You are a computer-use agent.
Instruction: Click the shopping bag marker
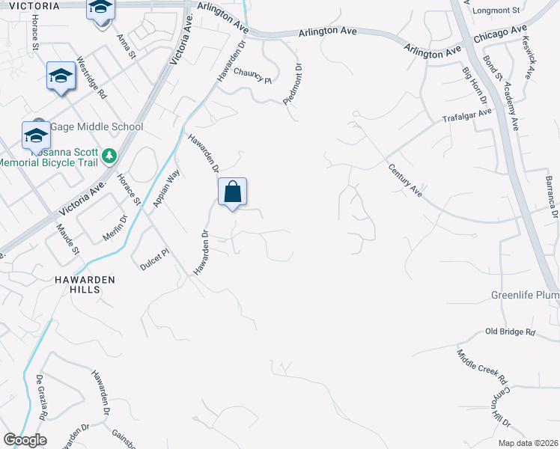click(x=233, y=192)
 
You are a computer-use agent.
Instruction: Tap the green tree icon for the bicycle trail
click(x=110, y=156)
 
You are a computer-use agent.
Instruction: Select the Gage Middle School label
click(x=96, y=127)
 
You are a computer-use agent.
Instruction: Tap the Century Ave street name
click(x=405, y=180)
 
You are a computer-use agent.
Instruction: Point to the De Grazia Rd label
click(x=43, y=397)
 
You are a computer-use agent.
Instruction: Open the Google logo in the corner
click(x=25, y=440)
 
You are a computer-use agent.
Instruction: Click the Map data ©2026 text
click(x=528, y=443)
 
